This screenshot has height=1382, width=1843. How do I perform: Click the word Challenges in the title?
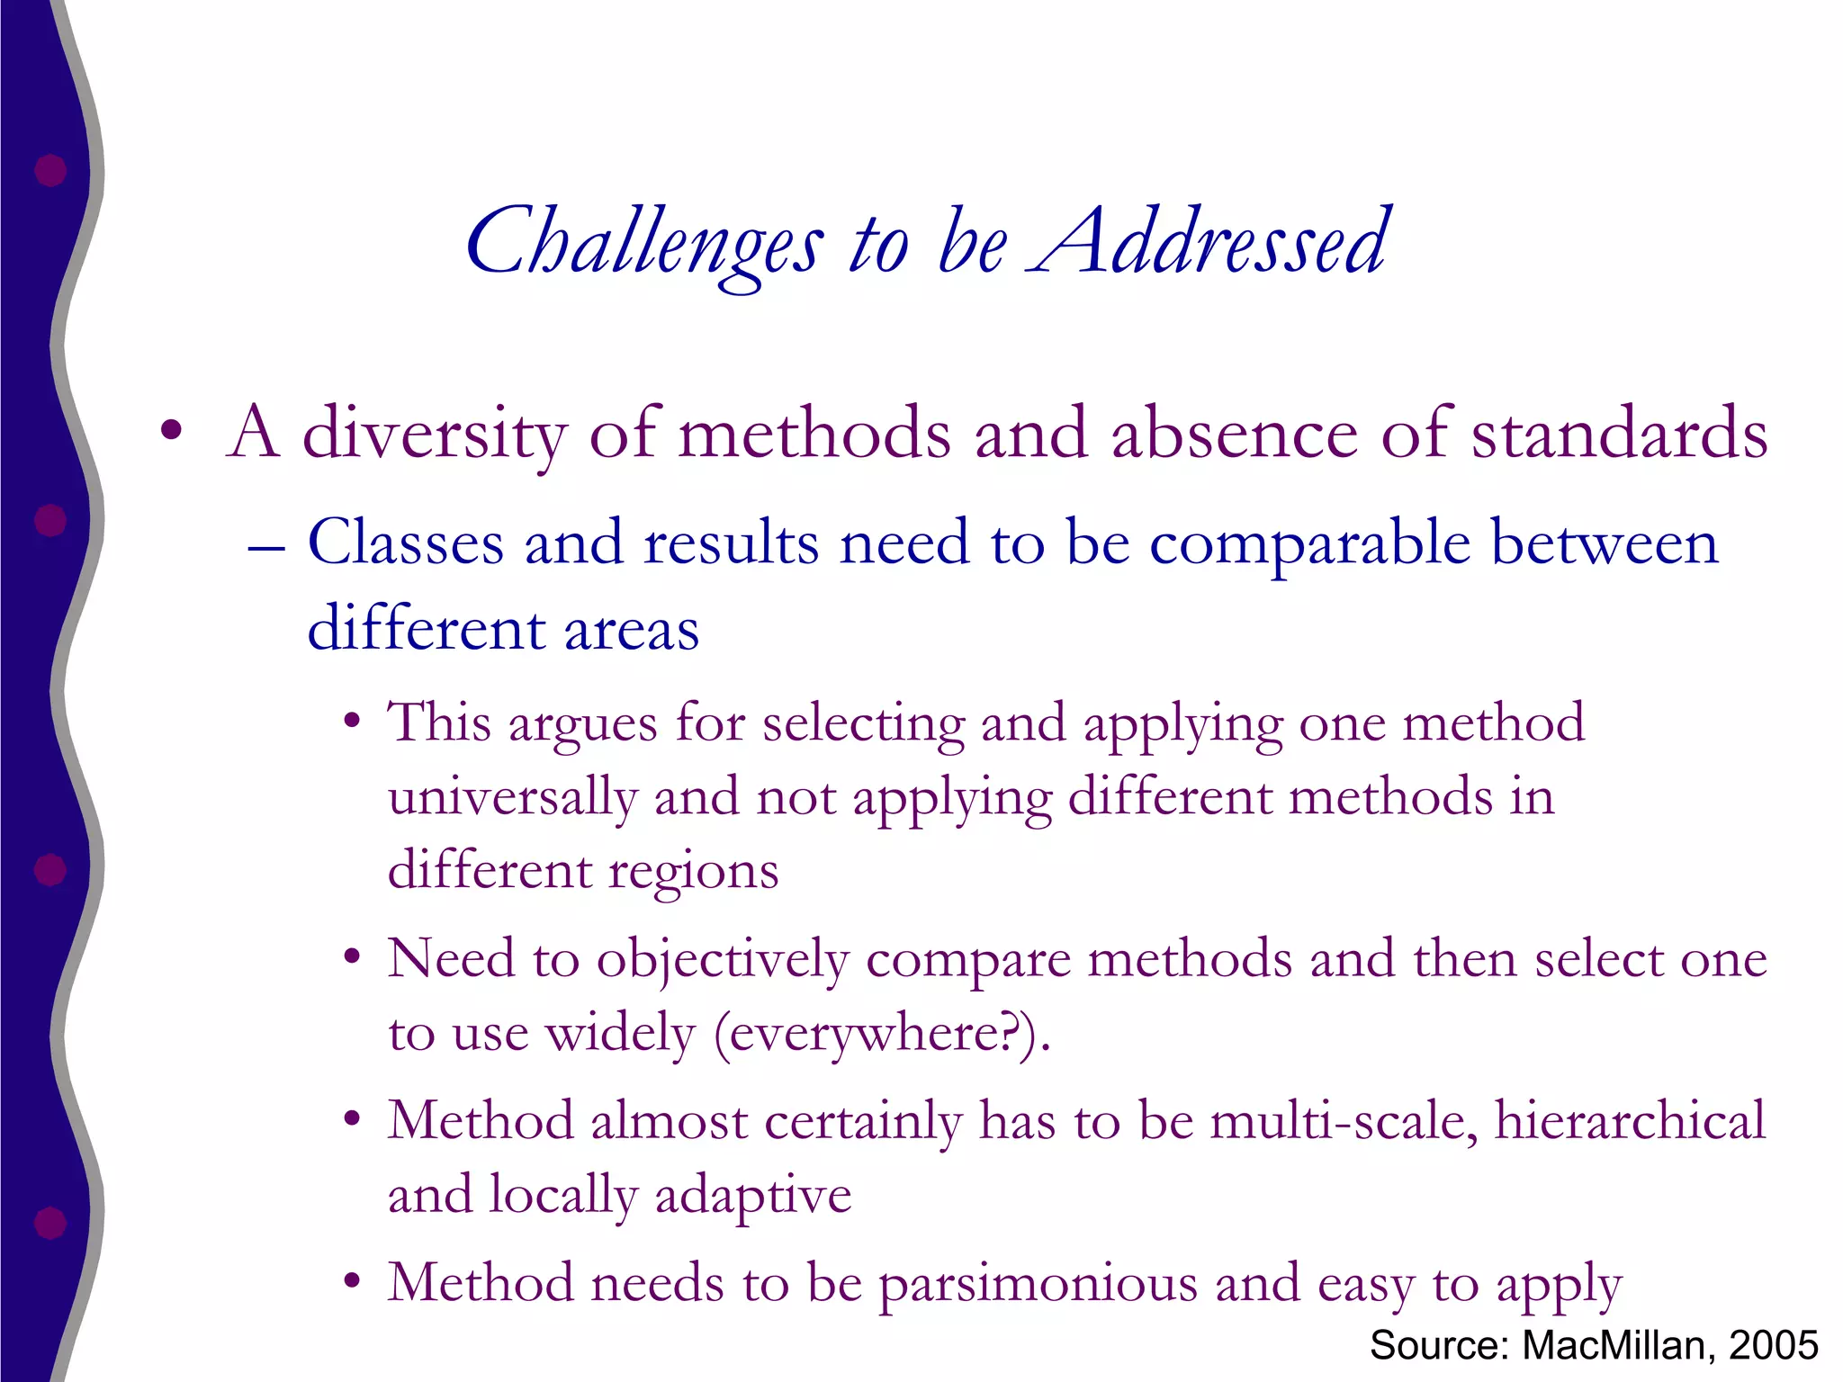[643, 243]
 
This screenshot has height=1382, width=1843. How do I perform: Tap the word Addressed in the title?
[1210, 241]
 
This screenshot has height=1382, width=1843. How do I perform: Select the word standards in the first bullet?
[1619, 434]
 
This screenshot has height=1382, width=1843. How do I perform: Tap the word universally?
[511, 797]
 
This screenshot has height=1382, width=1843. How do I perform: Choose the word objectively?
[723, 961]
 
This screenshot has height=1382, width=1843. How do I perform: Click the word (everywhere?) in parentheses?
[882, 1034]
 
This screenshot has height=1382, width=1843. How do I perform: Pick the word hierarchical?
[1630, 1121]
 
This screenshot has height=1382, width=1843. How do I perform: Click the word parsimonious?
[1038, 1285]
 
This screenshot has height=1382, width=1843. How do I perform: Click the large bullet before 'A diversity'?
[171, 432]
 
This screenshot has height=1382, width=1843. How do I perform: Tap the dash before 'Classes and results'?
[266, 547]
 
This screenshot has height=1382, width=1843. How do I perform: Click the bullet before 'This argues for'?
[352, 722]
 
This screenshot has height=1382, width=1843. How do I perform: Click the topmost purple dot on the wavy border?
[50, 170]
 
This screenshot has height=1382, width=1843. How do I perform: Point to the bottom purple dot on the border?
[50, 1223]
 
